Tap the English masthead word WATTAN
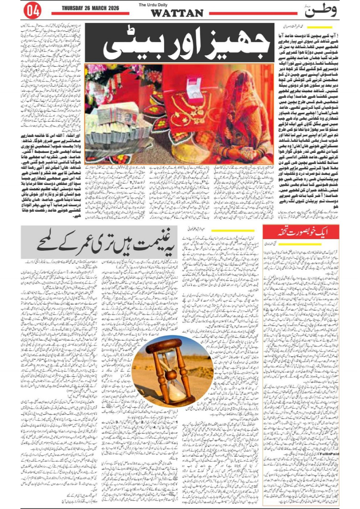(177, 13)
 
